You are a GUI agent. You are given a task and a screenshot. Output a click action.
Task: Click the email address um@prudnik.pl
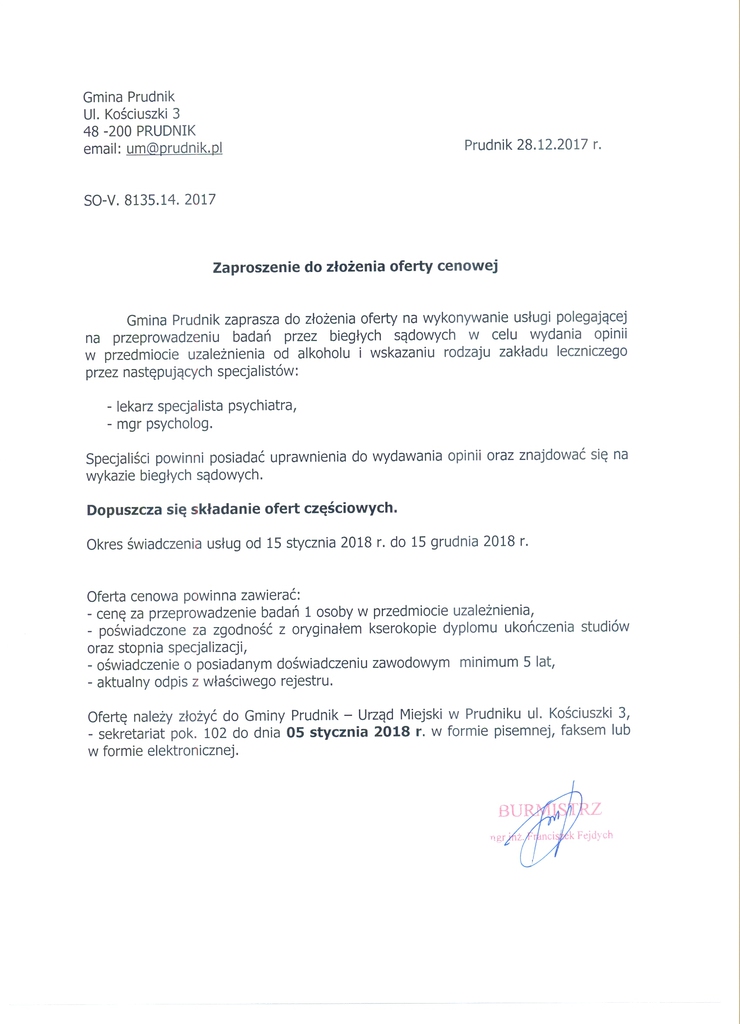[173, 147]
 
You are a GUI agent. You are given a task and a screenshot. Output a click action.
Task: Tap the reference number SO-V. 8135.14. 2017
[149, 199]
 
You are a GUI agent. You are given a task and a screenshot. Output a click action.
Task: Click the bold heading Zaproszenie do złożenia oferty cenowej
[355, 267]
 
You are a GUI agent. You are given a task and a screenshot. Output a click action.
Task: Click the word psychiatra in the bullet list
[262, 406]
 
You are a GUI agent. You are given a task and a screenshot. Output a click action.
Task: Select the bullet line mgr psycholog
[159, 424]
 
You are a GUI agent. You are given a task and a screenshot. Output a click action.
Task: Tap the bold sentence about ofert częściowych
[241, 507]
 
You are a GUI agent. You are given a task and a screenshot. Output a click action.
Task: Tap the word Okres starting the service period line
[107, 542]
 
